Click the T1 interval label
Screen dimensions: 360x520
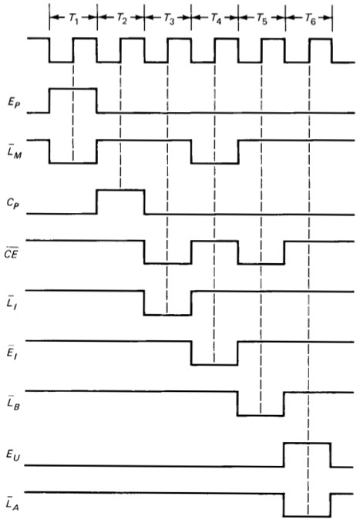point(73,19)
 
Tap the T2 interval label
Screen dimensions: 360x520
point(121,19)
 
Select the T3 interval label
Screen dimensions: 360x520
point(168,19)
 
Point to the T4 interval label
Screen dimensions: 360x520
point(216,19)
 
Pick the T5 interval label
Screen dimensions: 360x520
point(262,19)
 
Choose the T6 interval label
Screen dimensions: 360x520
point(310,19)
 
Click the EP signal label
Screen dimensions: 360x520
point(14,103)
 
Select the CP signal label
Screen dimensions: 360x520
point(13,203)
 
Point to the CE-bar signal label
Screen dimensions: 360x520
point(12,253)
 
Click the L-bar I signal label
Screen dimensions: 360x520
point(12,302)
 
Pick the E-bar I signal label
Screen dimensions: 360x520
point(12,353)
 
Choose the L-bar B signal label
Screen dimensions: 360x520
point(13,403)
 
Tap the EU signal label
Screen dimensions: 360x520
point(13,454)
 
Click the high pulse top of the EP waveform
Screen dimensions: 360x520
point(73,89)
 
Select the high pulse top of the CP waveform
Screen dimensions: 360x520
point(121,190)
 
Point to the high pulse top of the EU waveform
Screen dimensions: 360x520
point(307,443)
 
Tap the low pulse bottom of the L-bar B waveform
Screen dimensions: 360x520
point(261,415)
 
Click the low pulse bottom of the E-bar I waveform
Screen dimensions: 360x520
point(214,365)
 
